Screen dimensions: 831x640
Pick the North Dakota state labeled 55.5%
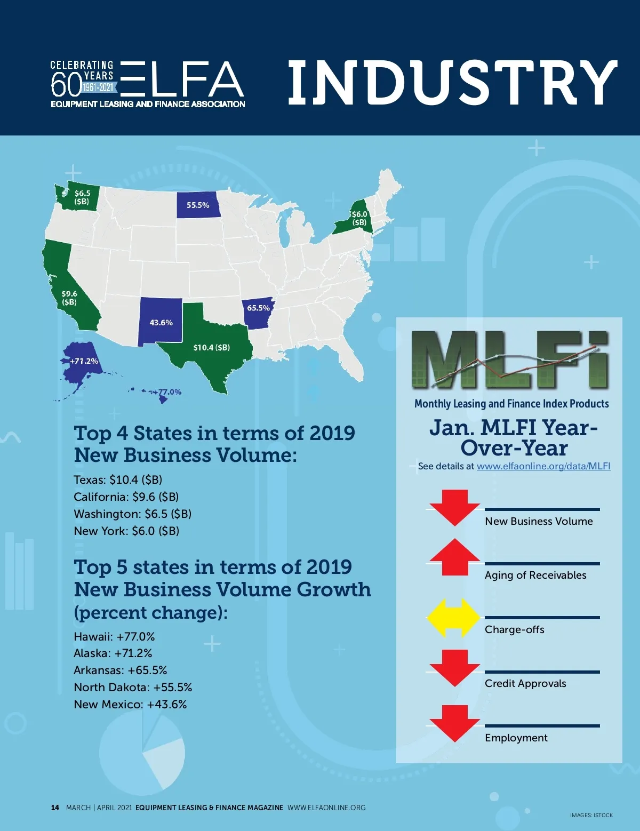click(198, 205)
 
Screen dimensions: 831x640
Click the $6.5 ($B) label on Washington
click(82, 197)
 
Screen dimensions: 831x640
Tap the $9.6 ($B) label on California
click(69, 298)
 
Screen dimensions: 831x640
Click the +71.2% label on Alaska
click(84, 361)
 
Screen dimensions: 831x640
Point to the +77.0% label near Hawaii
click(168, 392)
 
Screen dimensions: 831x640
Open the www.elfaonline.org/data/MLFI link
click(543, 466)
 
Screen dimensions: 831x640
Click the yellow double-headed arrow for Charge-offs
click(454, 618)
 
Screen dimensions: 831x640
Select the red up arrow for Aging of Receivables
click(454, 557)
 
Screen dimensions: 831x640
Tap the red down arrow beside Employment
click(454, 723)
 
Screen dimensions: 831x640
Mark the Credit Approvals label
click(525, 684)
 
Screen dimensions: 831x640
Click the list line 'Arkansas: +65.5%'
click(121, 670)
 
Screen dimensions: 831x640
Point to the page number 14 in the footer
click(55, 808)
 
